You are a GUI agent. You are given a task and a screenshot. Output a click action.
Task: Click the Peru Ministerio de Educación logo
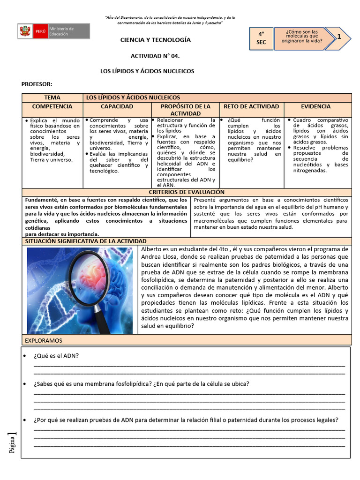(53, 31)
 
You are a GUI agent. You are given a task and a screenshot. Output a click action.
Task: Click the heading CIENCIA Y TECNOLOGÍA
(155, 40)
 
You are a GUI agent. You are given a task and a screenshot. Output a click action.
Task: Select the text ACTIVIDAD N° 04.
(155, 56)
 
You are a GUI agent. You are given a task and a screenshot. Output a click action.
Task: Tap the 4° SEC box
(261, 38)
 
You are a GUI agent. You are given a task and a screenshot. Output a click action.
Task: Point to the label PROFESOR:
(37, 84)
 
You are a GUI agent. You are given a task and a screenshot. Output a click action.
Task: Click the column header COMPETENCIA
(52, 107)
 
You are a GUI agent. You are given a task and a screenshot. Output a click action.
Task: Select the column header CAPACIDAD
(117, 107)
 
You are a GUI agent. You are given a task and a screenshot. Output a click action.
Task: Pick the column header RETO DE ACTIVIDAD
(251, 107)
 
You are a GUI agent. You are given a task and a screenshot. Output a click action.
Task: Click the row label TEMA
(52, 97)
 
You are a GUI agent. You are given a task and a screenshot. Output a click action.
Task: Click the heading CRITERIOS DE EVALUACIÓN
(186, 192)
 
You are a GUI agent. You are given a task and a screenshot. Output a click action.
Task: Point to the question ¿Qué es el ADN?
(56, 355)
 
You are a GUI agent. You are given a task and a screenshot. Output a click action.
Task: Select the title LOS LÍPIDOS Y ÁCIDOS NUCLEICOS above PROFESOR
(147, 71)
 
